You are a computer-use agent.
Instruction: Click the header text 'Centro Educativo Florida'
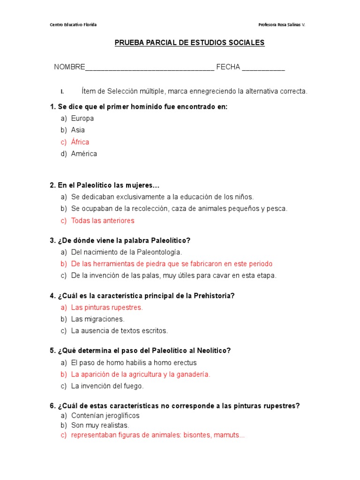pyautogui.click(x=73, y=24)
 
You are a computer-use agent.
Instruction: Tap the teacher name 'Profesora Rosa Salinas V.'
pyautogui.click(x=282, y=24)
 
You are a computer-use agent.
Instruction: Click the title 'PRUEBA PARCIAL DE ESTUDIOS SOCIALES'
pyautogui.click(x=190, y=43)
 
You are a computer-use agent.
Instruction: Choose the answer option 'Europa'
pyautogui.click(x=82, y=118)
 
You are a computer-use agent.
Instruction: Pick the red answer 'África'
pyautogui.click(x=80, y=142)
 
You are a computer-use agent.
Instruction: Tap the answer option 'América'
pyautogui.click(x=84, y=154)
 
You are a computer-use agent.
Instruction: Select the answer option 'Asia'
pyautogui.click(x=78, y=130)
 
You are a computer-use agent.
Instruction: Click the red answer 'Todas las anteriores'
pyautogui.click(x=103, y=220)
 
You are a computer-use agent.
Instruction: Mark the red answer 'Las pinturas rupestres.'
pyautogui.click(x=107, y=307)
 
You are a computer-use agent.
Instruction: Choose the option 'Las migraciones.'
pyautogui.click(x=97, y=319)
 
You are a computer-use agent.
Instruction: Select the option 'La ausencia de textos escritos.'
pyautogui.click(x=119, y=331)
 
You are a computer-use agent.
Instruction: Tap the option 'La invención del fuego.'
pyautogui.click(x=107, y=386)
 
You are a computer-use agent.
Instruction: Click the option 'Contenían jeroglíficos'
pyautogui.click(x=105, y=415)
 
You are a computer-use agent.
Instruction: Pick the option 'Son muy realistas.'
pyautogui.click(x=100, y=425)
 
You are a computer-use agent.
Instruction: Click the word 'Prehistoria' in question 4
pyautogui.click(x=214, y=296)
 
